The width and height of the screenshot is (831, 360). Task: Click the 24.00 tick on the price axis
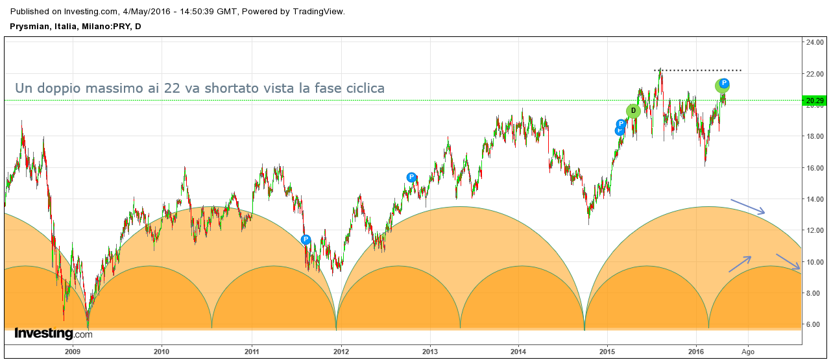pyautogui.click(x=814, y=43)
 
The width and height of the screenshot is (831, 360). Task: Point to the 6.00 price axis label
pyautogui.click(x=814, y=324)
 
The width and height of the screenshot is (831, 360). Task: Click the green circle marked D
pyautogui.click(x=633, y=111)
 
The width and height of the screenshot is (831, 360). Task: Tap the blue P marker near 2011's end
pyautogui.click(x=306, y=240)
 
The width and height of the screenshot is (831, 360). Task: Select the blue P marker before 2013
pyautogui.click(x=411, y=177)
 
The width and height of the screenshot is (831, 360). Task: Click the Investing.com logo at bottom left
pyautogui.click(x=53, y=334)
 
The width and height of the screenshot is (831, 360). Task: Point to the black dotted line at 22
pyautogui.click(x=701, y=70)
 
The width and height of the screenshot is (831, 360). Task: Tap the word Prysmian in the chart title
pyautogui.click(x=30, y=26)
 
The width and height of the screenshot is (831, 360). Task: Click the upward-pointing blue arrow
pyautogui.click(x=740, y=263)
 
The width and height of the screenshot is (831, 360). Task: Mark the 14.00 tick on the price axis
pyautogui.click(x=814, y=199)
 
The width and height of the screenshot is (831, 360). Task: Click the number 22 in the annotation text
pyautogui.click(x=172, y=88)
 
